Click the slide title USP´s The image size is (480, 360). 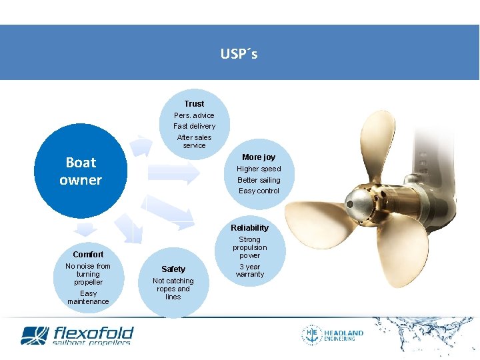[x=239, y=54]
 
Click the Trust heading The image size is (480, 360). [x=194, y=104]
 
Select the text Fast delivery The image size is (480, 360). [x=194, y=126]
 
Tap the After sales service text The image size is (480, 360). [x=194, y=141]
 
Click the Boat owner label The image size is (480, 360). [x=81, y=171]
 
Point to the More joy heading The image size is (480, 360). [x=259, y=157]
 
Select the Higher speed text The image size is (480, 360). [x=259, y=169]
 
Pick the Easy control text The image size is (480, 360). [x=259, y=191]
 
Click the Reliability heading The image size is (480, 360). [x=249, y=228]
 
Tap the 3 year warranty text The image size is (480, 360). [x=249, y=271]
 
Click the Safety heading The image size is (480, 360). [x=173, y=269]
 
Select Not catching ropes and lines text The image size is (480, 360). [x=173, y=289]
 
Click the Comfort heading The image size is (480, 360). [x=88, y=255]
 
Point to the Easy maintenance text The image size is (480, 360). [x=88, y=297]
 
